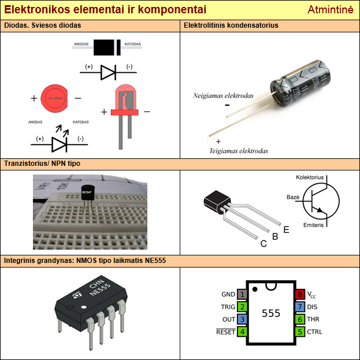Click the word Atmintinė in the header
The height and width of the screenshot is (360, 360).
(x=330, y=10)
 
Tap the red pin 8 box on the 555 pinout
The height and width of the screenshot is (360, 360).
(x=300, y=294)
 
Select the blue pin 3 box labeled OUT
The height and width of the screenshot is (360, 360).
(x=242, y=319)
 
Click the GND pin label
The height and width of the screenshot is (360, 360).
(x=228, y=294)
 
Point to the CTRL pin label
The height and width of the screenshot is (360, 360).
(x=315, y=332)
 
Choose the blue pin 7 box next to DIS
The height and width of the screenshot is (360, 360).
(x=300, y=307)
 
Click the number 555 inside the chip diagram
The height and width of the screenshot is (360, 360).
(x=271, y=313)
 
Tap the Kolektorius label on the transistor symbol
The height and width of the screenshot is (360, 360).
(x=310, y=177)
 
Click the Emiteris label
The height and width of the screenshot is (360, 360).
(x=313, y=224)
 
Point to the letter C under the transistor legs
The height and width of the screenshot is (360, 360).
(x=263, y=244)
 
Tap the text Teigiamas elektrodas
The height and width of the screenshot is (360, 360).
(x=239, y=151)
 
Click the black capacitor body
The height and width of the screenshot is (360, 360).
(x=301, y=80)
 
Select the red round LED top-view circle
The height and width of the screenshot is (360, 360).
(x=55, y=98)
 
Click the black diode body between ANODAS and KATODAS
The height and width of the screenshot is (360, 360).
(x=106, y=45)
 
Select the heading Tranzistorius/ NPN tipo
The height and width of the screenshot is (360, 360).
(x=42, y=164)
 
